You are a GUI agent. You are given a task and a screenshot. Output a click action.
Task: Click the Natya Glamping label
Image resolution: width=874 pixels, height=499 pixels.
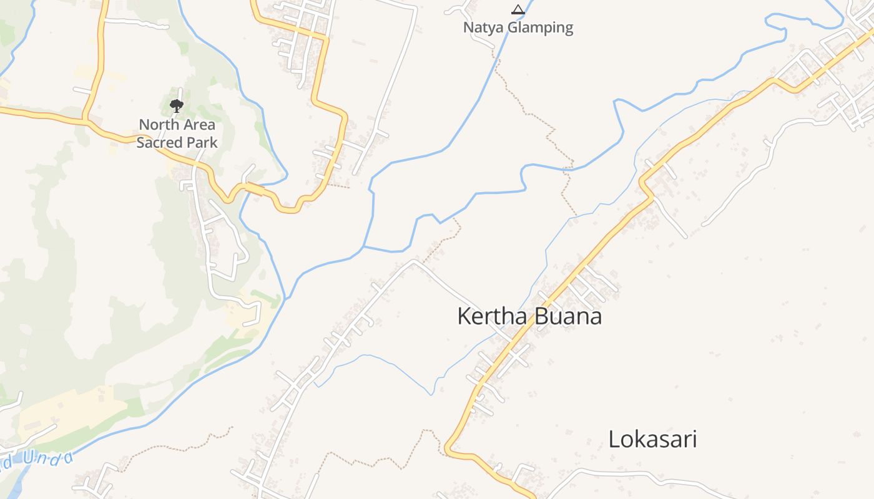tap(518, 27)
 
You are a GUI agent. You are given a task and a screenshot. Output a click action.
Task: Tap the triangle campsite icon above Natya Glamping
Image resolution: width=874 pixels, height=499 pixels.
tap(518, 9)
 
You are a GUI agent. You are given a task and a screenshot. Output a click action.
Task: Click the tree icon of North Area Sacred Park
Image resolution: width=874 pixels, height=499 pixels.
tap(177, 105)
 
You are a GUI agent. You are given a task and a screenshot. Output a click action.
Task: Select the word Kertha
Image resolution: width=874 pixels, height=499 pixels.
tap(493, 316)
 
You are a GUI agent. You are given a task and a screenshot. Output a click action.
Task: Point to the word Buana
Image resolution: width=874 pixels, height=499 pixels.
tap(567, 316)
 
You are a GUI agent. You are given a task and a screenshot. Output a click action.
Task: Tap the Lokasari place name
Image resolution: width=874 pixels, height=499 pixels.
tap(652, 439)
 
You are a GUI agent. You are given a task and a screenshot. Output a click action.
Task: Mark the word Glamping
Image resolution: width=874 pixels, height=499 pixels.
tap(541, 28)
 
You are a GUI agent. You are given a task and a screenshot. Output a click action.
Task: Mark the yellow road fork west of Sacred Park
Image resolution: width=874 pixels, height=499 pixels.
tap(86, 118)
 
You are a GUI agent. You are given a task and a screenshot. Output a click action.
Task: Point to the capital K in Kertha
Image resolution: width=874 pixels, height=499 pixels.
tap(464, 316)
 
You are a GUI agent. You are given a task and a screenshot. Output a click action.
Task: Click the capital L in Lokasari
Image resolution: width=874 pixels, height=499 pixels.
tap(615, 439)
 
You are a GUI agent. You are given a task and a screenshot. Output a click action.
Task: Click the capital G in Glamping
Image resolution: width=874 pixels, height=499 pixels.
tap(513, 27)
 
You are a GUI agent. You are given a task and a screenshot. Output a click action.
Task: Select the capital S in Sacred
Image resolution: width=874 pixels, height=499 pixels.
tap(140, 142)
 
